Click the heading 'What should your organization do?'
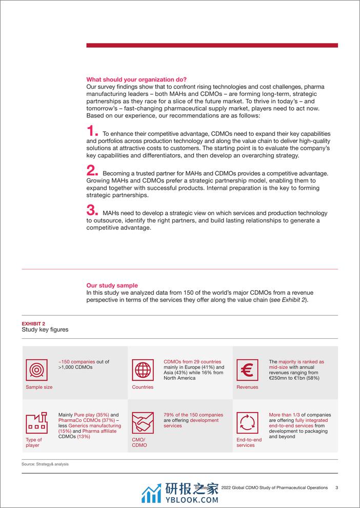136,79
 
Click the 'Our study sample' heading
112,286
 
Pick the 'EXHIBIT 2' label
33,323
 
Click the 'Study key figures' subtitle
45,330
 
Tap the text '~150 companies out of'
84,362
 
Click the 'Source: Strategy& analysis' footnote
45,464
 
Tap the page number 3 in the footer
336,487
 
